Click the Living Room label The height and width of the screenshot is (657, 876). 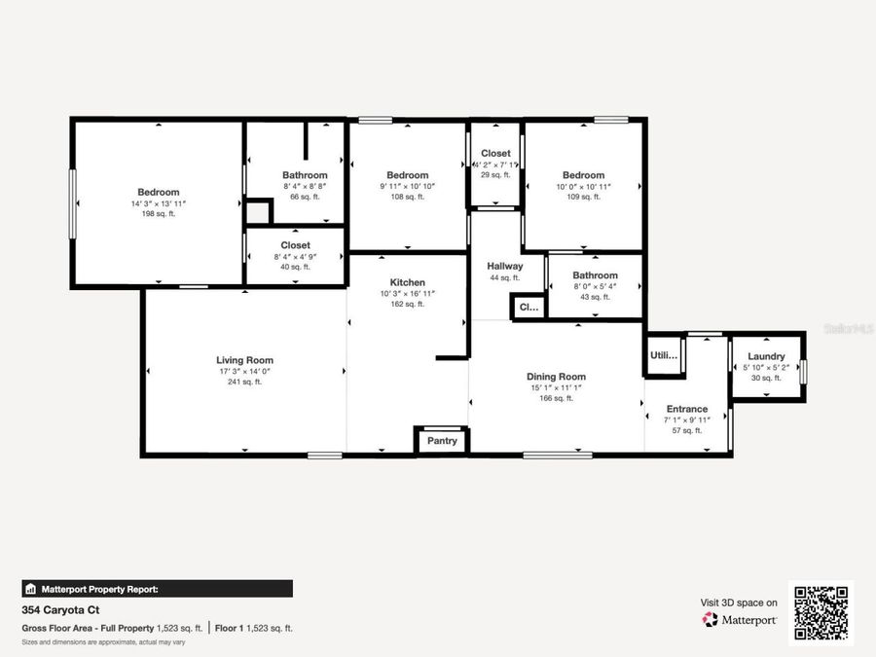pos(244,360)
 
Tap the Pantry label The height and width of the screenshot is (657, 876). pos(442,441)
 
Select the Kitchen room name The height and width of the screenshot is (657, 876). pos(408,282)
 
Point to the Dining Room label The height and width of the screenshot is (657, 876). pos(556,377)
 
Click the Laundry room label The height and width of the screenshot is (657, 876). pos(766,356)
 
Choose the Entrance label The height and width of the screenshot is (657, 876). pos(687,409)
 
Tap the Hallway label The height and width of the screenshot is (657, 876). pos(505,266)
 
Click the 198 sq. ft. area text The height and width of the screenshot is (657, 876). pos(158,214)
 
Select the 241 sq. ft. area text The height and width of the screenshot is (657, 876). pos(244,382)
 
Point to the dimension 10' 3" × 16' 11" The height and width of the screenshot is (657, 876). pos(408,293)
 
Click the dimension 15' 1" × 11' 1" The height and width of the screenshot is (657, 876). pos(556,387)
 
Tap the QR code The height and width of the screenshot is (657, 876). pos(820,613)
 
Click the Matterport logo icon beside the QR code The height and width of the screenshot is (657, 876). pos(711,619)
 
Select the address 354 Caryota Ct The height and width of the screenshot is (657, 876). pos(60,610)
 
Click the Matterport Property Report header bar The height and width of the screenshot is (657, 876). pos(157,589)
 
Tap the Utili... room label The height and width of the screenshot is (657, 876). pos(664,357)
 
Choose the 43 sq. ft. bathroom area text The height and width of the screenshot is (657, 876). pos(595,297)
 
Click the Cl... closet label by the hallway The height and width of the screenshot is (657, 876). pos(529,307)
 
